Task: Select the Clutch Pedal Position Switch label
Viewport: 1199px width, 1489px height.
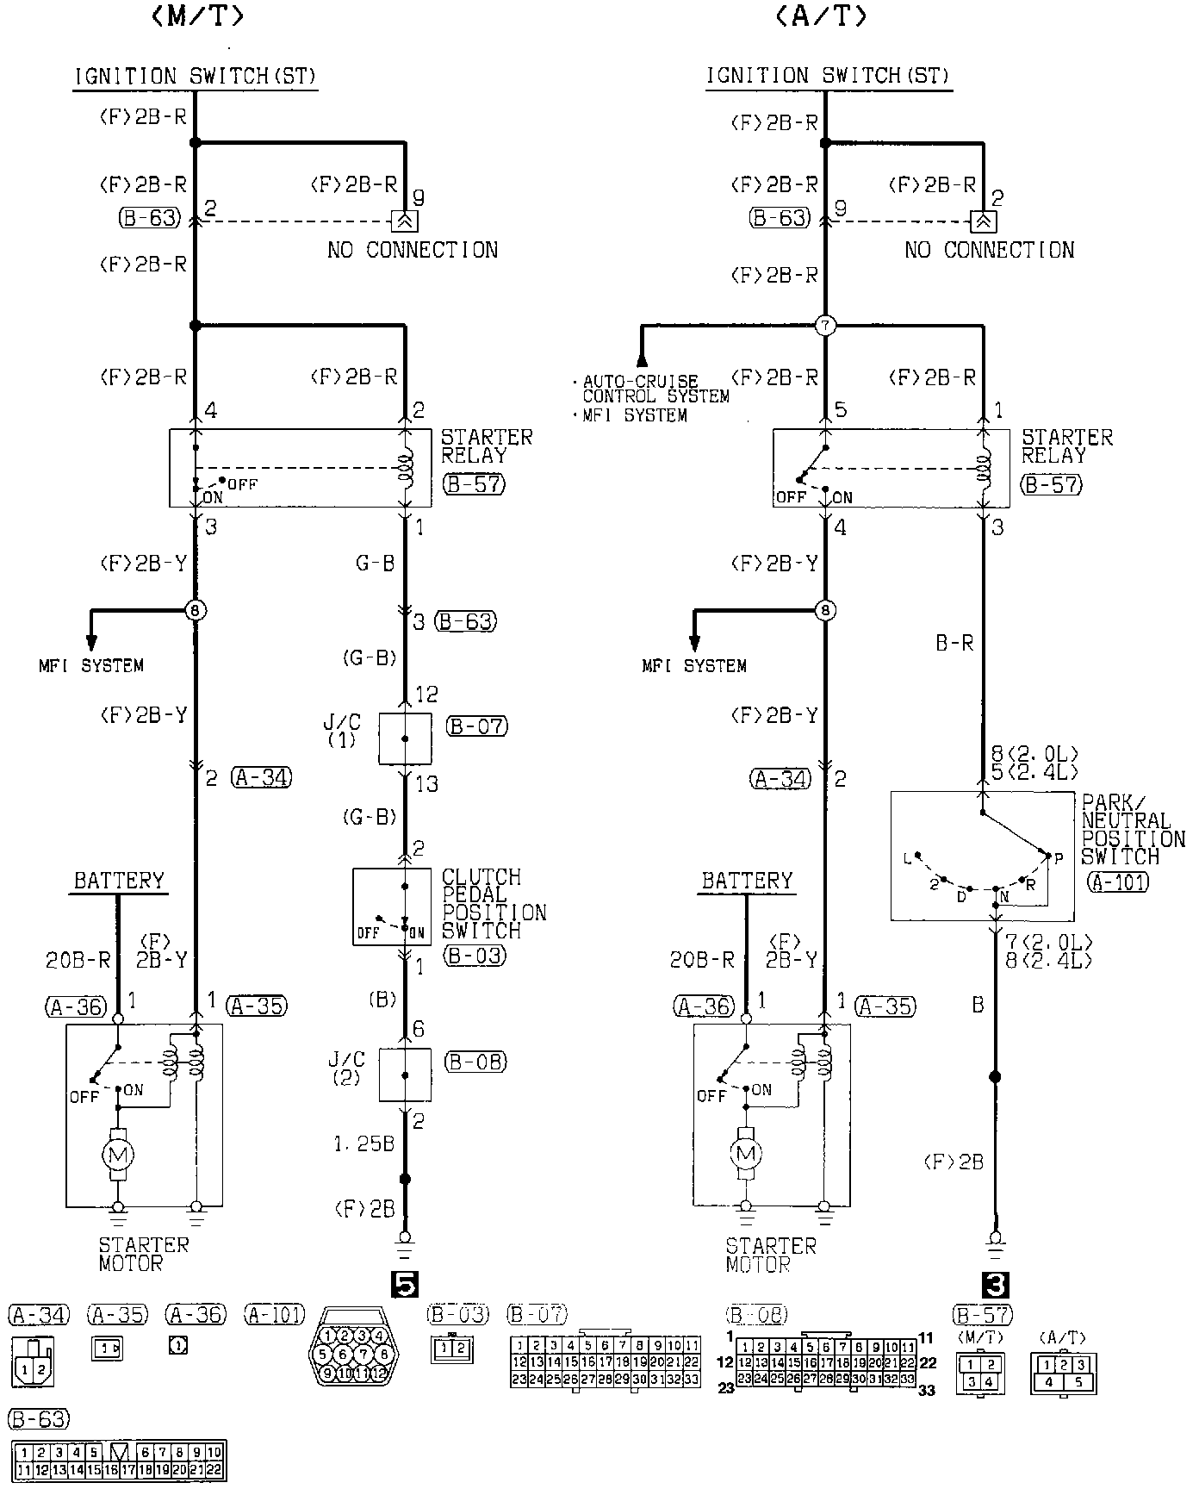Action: (494, 904)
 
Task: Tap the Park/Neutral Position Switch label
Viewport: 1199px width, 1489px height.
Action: (1133, 830)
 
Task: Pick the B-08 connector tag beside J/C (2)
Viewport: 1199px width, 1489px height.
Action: (475, 1062)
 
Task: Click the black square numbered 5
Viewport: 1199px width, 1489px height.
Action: (404, 1285)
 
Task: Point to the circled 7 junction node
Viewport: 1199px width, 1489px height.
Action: (825, 326)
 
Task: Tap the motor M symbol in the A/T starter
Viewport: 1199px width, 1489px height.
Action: (746, 1153)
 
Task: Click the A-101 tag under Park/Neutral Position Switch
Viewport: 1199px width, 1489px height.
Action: (1118, 882)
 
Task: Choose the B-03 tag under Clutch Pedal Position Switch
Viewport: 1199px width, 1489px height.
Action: (474, 955)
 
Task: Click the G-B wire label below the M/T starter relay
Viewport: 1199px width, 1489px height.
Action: (375, 564)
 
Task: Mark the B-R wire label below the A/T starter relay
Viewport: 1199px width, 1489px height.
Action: (954, 643)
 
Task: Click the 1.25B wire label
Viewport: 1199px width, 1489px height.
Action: (363, 1144)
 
